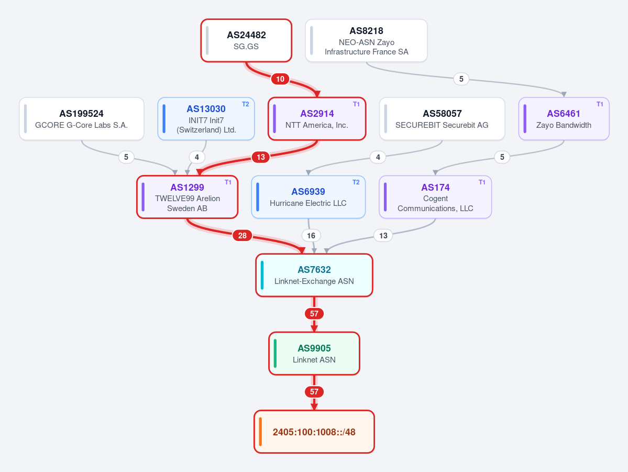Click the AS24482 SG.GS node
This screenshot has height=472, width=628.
click(x=246, y=40)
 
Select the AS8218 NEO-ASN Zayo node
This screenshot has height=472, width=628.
click(x=366, y=40)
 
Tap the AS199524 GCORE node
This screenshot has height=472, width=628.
click(x=81, y=119)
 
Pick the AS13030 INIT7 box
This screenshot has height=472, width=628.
click(x=206, y=119)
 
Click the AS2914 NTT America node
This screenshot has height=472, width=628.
click(x=317, y=119)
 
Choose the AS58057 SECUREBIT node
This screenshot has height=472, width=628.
click(x=442, y=119)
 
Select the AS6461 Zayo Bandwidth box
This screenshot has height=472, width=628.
click(x=564, y=119)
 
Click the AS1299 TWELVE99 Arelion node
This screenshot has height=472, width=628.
click(x=187, y=197)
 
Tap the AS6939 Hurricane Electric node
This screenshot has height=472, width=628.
click(x=308, y=197)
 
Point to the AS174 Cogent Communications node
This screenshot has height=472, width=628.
click(x=435, y=197)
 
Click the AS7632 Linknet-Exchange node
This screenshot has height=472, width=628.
click(x=314, y=275)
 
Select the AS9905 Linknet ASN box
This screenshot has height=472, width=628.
click(x=314, y=354)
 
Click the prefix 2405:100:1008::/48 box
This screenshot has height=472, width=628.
click(x=314, y=432)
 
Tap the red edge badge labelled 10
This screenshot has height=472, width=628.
click(x=280, y=79)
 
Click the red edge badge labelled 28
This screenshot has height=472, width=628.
click(x=243, y=236)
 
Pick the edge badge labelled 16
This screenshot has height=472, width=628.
click(x=311, y=236)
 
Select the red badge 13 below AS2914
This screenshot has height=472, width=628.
click(x=261, y=157)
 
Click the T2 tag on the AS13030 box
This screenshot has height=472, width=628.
click(x=246, y=104)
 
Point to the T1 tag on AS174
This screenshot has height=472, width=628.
click(x=482, y=182)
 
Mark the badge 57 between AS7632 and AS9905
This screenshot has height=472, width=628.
click(x=314, y=314)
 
